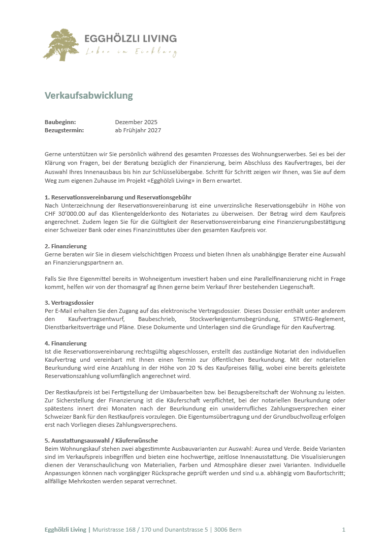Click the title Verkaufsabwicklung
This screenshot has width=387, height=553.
point(88,96)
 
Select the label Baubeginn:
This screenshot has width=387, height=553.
point(60,122)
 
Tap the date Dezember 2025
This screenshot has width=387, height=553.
point(136,122)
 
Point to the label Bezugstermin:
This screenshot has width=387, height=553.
point(64,130)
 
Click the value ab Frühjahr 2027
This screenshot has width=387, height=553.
point(138,130)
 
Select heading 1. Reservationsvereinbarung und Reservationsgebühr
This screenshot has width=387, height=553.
point(118,197)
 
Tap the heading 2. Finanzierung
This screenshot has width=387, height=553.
point(66,246)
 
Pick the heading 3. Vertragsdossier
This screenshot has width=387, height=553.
point(69,303)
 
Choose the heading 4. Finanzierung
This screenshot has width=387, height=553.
point(66,343)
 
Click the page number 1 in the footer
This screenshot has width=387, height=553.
point(344,530)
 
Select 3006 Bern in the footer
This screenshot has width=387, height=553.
point(228,530)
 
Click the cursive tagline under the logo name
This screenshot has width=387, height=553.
point(131,51)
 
